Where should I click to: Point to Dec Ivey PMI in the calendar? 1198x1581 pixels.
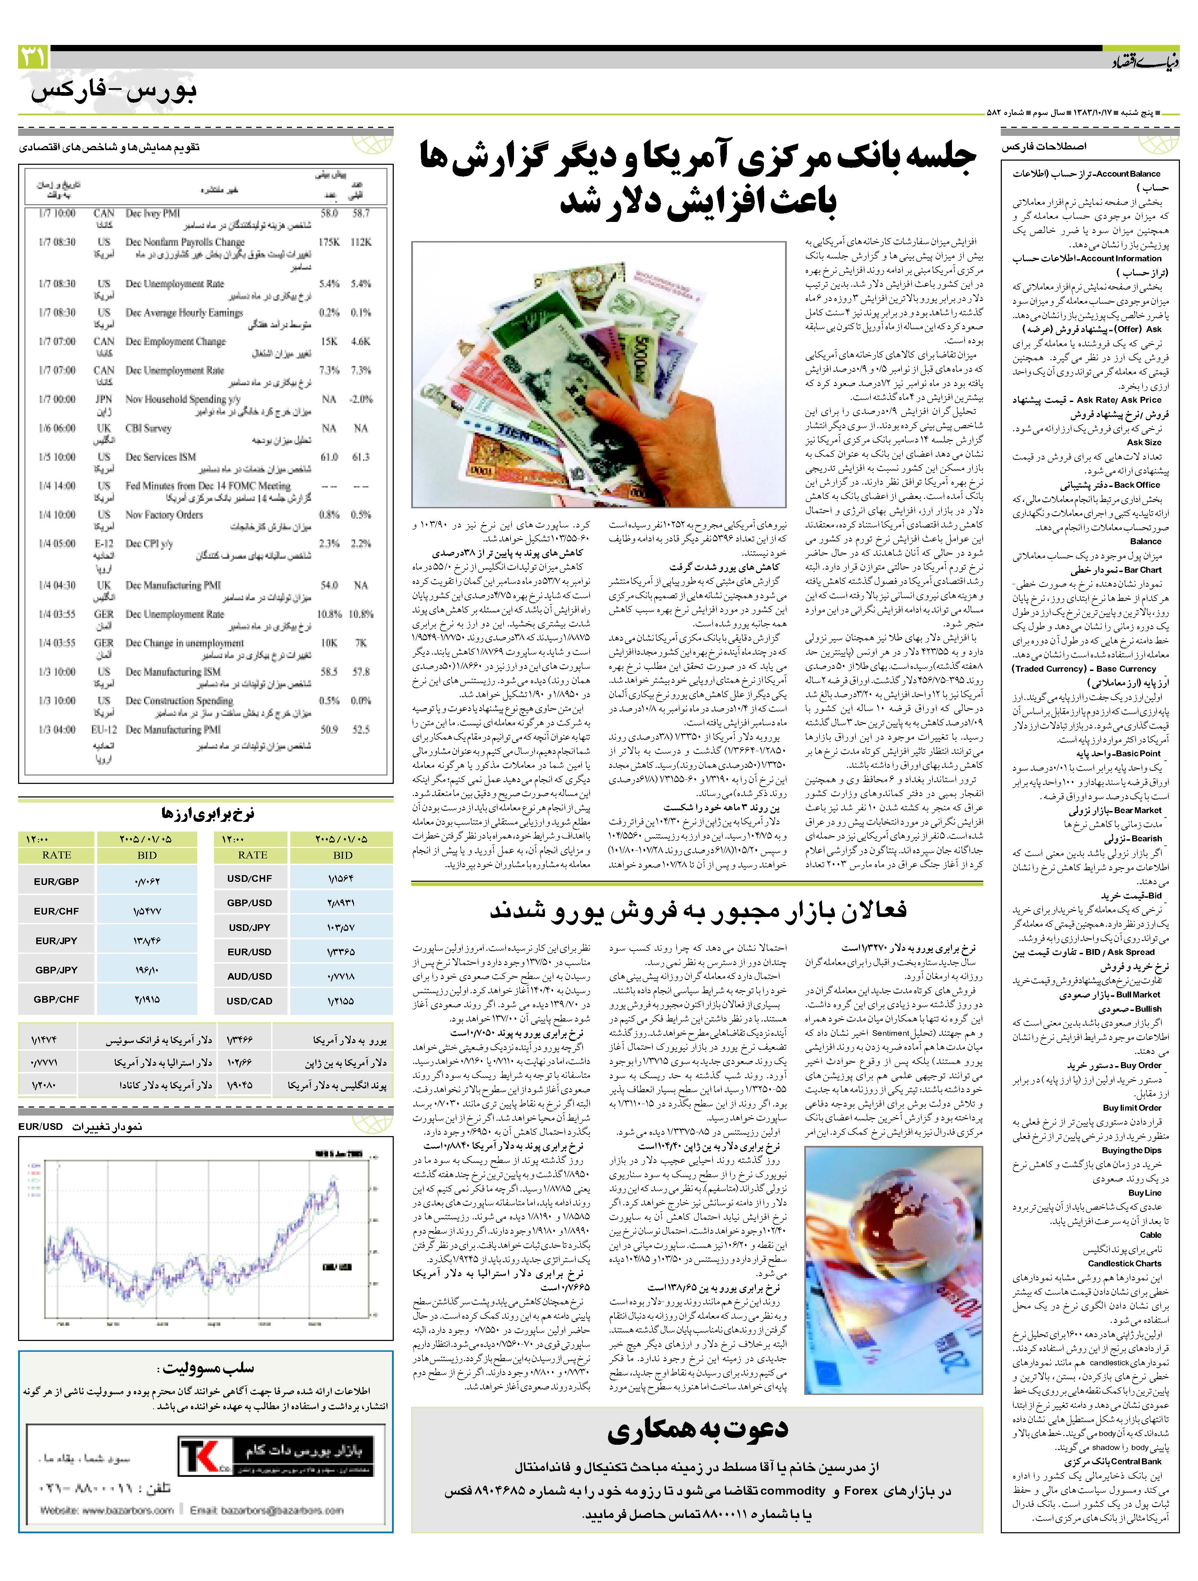pos(152,213)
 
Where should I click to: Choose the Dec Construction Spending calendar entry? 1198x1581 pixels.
pos(179,701)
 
